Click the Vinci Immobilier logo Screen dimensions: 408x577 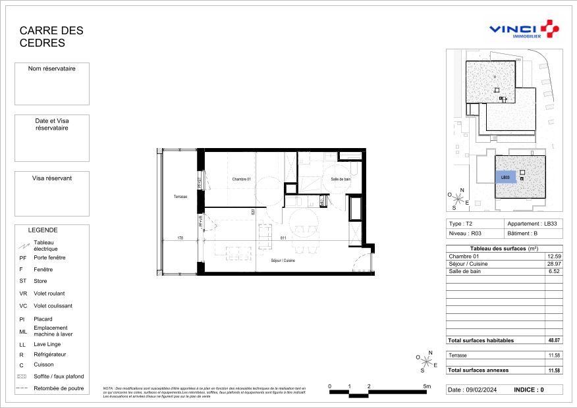524,30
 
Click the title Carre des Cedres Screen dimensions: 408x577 51,37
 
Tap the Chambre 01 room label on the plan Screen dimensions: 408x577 241,179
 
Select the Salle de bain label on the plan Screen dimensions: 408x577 341,179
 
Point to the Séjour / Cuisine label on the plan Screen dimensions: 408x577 283,261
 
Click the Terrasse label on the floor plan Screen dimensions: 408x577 180,197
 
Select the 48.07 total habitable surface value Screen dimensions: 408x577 553,340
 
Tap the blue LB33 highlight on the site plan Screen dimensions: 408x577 506,177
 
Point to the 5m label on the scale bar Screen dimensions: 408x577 426,386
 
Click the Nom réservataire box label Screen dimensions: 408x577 51,68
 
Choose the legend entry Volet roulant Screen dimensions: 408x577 49,293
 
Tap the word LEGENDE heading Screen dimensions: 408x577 43,230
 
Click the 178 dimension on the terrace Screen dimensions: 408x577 180,238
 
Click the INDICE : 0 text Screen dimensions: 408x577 529,390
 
